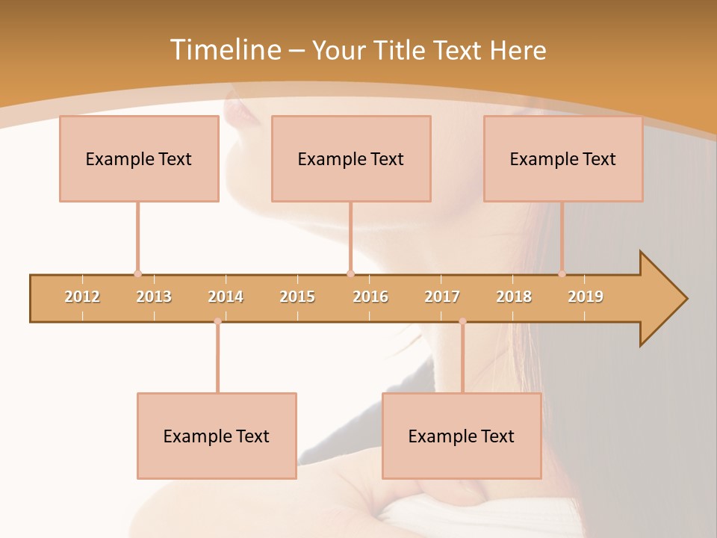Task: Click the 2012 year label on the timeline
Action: coord(82,297)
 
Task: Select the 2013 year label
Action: coord(154,297)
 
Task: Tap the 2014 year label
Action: coord(226,297)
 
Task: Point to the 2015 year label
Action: coord(297,297)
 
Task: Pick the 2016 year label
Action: coord(370,297)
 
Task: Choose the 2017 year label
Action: coord(442,297)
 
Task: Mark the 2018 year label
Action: coord(514,297)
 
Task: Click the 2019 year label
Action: coord(586,297)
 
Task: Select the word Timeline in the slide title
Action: coord(224,50)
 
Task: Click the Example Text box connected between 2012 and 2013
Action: coord(139,158)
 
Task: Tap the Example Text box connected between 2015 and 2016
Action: coord(351,158)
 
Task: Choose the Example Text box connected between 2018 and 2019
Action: coord(563,158)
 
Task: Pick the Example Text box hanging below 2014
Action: coord(217,436)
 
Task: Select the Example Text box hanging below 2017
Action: coord(462,436)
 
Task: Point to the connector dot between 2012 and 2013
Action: coord(137,273)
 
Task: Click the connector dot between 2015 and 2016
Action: coord(350,273)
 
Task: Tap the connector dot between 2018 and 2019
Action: coord(562,273)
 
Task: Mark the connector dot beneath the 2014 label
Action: coord(217,321)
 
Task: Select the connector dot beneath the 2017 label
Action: coord(462,321)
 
